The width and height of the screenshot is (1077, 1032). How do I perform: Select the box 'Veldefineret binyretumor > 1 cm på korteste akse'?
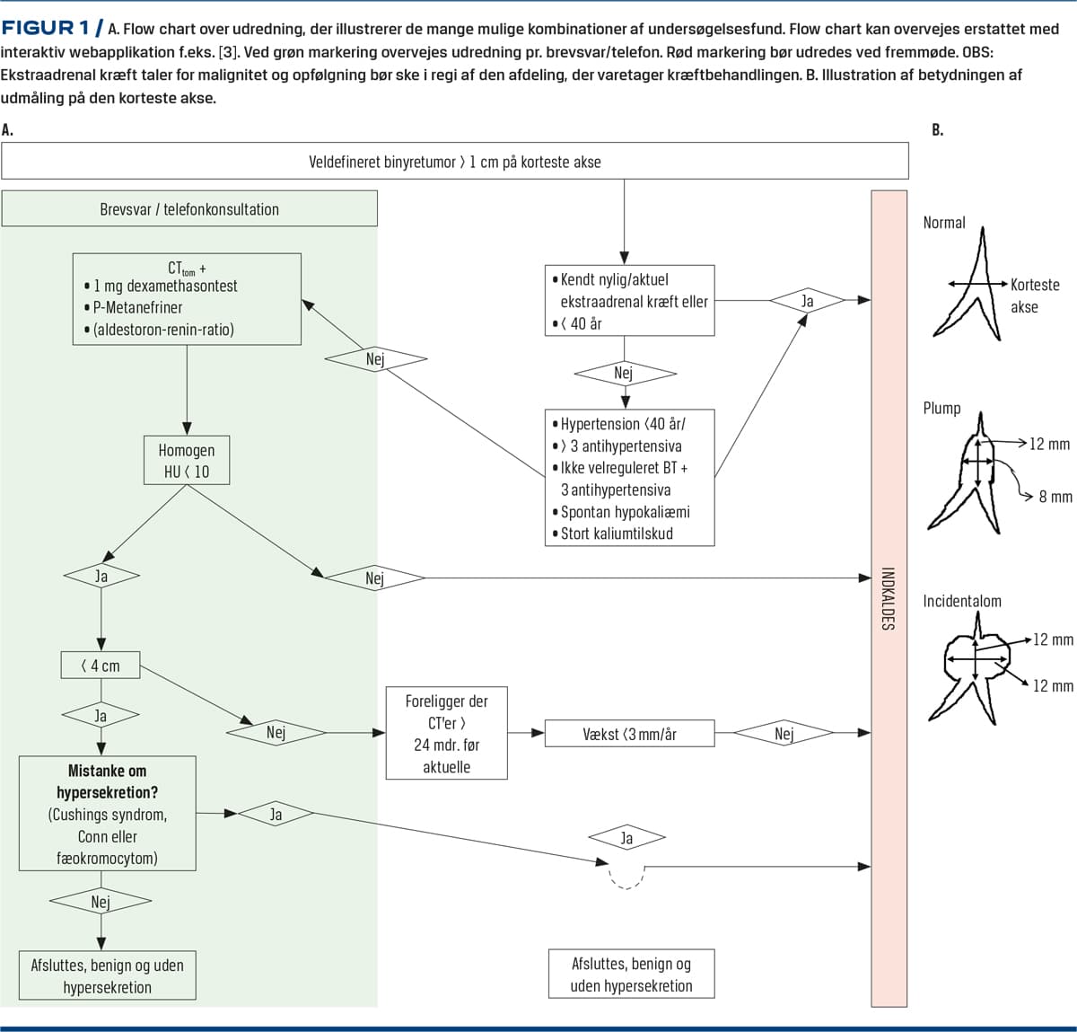coord(454,162)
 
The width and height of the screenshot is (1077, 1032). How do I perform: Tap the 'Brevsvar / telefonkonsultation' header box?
coord(188,209)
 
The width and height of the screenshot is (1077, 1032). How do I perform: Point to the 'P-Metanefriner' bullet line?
coord(137,307)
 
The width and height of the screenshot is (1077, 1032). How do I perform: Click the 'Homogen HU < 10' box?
coord(187,461)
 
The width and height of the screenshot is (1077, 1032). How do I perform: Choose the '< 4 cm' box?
coord(101,666)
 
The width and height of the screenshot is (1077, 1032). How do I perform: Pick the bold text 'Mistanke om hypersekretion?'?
coord(108,781)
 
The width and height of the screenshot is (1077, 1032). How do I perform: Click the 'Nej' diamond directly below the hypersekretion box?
coord(101,901)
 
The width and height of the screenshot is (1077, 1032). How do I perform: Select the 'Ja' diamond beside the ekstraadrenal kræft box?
coord(807,301)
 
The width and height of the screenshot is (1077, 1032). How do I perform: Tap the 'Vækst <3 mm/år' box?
coord(629,734)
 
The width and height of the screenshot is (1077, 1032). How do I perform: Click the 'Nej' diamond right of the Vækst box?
coord(784,734)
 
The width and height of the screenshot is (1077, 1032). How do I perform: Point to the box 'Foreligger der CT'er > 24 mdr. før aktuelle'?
coord(446,733)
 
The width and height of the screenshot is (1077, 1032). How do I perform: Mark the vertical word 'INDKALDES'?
coord(888,598)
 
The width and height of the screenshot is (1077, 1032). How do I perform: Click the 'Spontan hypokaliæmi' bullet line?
coord(625,512)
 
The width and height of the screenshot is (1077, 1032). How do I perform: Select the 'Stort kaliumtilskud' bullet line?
coord(617,534)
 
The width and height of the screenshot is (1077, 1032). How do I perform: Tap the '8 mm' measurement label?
coord(1055,497)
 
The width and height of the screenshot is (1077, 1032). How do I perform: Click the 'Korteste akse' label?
coord(1034,295)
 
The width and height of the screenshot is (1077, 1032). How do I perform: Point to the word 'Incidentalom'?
coord(961,601)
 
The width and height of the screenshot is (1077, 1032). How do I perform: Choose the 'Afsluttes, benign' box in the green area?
coord(108,975)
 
